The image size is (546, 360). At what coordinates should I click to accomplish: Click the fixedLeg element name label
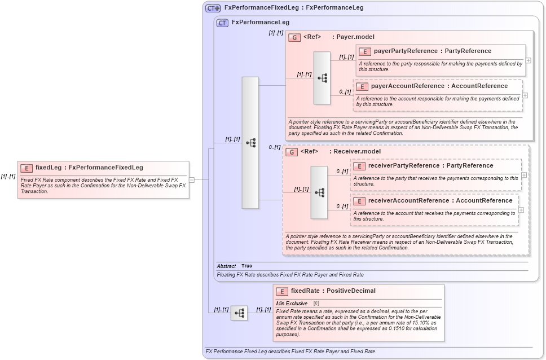89,168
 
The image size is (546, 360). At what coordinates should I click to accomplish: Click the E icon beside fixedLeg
26,168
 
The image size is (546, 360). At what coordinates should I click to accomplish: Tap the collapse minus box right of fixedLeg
192,180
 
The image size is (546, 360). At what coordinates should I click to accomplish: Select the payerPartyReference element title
432,51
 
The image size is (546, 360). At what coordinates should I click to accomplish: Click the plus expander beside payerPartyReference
528,60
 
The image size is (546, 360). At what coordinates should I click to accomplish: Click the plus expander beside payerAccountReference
525,95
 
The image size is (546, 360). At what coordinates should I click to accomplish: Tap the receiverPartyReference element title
430,166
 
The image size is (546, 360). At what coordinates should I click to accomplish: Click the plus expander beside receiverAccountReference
521,210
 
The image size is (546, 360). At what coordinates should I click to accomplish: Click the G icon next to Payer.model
294,37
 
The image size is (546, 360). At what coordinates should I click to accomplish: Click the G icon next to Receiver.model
292,152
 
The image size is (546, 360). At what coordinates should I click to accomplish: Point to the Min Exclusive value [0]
316,304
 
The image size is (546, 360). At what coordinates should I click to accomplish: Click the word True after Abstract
246,266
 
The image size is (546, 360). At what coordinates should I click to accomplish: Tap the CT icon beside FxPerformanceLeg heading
222,23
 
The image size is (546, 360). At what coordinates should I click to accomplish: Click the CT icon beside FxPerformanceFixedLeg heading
213,8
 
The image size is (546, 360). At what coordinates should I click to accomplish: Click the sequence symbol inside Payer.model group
322,78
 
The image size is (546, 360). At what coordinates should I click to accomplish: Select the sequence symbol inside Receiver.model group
319,192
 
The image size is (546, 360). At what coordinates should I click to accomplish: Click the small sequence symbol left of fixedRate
239,313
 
